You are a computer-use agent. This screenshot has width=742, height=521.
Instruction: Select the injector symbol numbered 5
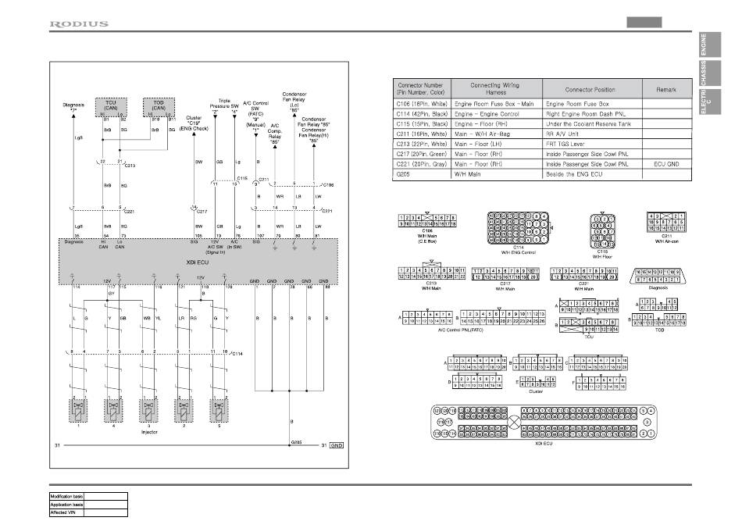(219, 410)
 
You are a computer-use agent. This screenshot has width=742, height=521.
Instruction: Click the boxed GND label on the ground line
(337, 445)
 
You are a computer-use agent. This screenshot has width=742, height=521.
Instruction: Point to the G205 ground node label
(297, 441)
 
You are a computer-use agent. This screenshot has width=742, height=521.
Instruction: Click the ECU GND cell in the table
(666, 164)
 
